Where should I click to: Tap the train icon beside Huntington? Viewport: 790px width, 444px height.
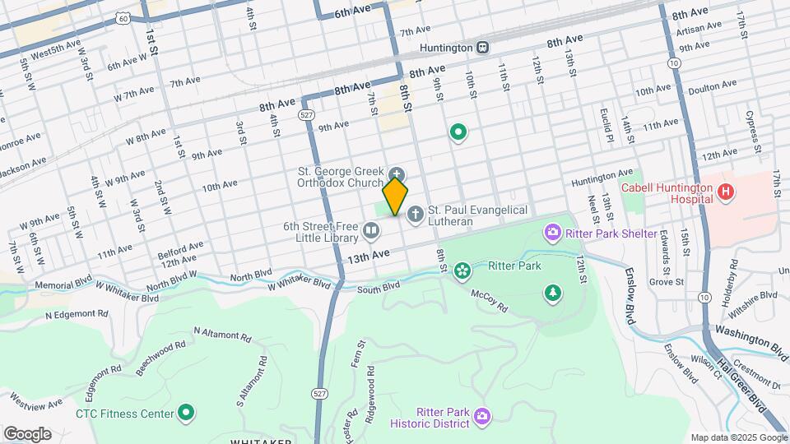point(483,47)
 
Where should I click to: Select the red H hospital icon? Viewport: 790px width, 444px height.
point(725,193)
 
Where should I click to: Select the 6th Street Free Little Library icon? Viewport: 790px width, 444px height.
point(370,233)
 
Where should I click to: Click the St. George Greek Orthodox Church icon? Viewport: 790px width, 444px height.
point(397,173)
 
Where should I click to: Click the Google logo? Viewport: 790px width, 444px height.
point(27,433)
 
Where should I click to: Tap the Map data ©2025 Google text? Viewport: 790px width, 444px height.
point(738,437)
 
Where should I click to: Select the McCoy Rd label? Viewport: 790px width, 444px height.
point(490,293)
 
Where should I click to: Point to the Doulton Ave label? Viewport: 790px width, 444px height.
point(705,87)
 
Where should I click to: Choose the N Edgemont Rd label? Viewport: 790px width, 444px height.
point(77,314)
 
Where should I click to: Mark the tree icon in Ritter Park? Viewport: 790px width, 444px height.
point(553,292)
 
